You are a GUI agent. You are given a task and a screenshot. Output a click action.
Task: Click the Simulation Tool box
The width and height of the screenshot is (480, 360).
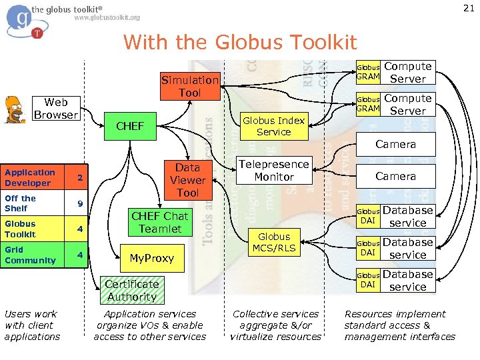(x=190, y=87)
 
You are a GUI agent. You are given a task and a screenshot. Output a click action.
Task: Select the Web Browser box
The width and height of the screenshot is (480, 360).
(x=56, y=109)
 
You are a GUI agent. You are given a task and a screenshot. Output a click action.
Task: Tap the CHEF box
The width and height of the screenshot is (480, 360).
(x=130, y=126)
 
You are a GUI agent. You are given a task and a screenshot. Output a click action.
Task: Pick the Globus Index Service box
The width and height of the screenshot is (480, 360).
(x=274, y=126)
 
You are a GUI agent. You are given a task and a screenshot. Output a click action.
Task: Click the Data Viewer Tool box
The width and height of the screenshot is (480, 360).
(x=187, y=180)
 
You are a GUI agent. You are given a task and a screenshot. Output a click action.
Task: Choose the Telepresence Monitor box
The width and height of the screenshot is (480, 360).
(x=274, y=171)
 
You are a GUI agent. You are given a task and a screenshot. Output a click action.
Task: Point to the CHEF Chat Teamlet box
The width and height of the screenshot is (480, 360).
(x=160, y=223)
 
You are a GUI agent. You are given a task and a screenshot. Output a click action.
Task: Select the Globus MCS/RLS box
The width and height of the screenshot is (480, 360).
(x=274, y=243)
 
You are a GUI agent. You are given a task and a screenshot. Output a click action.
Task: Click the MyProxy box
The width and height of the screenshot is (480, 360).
(x=151, y=258)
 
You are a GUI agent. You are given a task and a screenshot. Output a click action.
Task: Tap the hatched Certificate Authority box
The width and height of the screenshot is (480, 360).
(x=132, y=291)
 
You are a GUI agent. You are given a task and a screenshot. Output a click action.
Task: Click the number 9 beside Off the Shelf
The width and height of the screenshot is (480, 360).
(x=79, y=203)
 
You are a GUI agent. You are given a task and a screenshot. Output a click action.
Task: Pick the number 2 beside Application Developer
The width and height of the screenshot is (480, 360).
(x=79, y=178)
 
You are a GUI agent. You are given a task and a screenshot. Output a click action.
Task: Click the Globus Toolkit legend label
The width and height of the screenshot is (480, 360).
(x=20, y=229)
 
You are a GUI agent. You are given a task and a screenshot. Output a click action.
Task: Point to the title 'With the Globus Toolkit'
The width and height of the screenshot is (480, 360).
(x=240, y=43)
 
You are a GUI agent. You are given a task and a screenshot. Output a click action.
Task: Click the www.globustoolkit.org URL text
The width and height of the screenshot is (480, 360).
(x=107, y=18)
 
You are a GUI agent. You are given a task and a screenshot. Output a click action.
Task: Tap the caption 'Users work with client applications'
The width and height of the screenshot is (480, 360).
(x=32, y=325)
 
